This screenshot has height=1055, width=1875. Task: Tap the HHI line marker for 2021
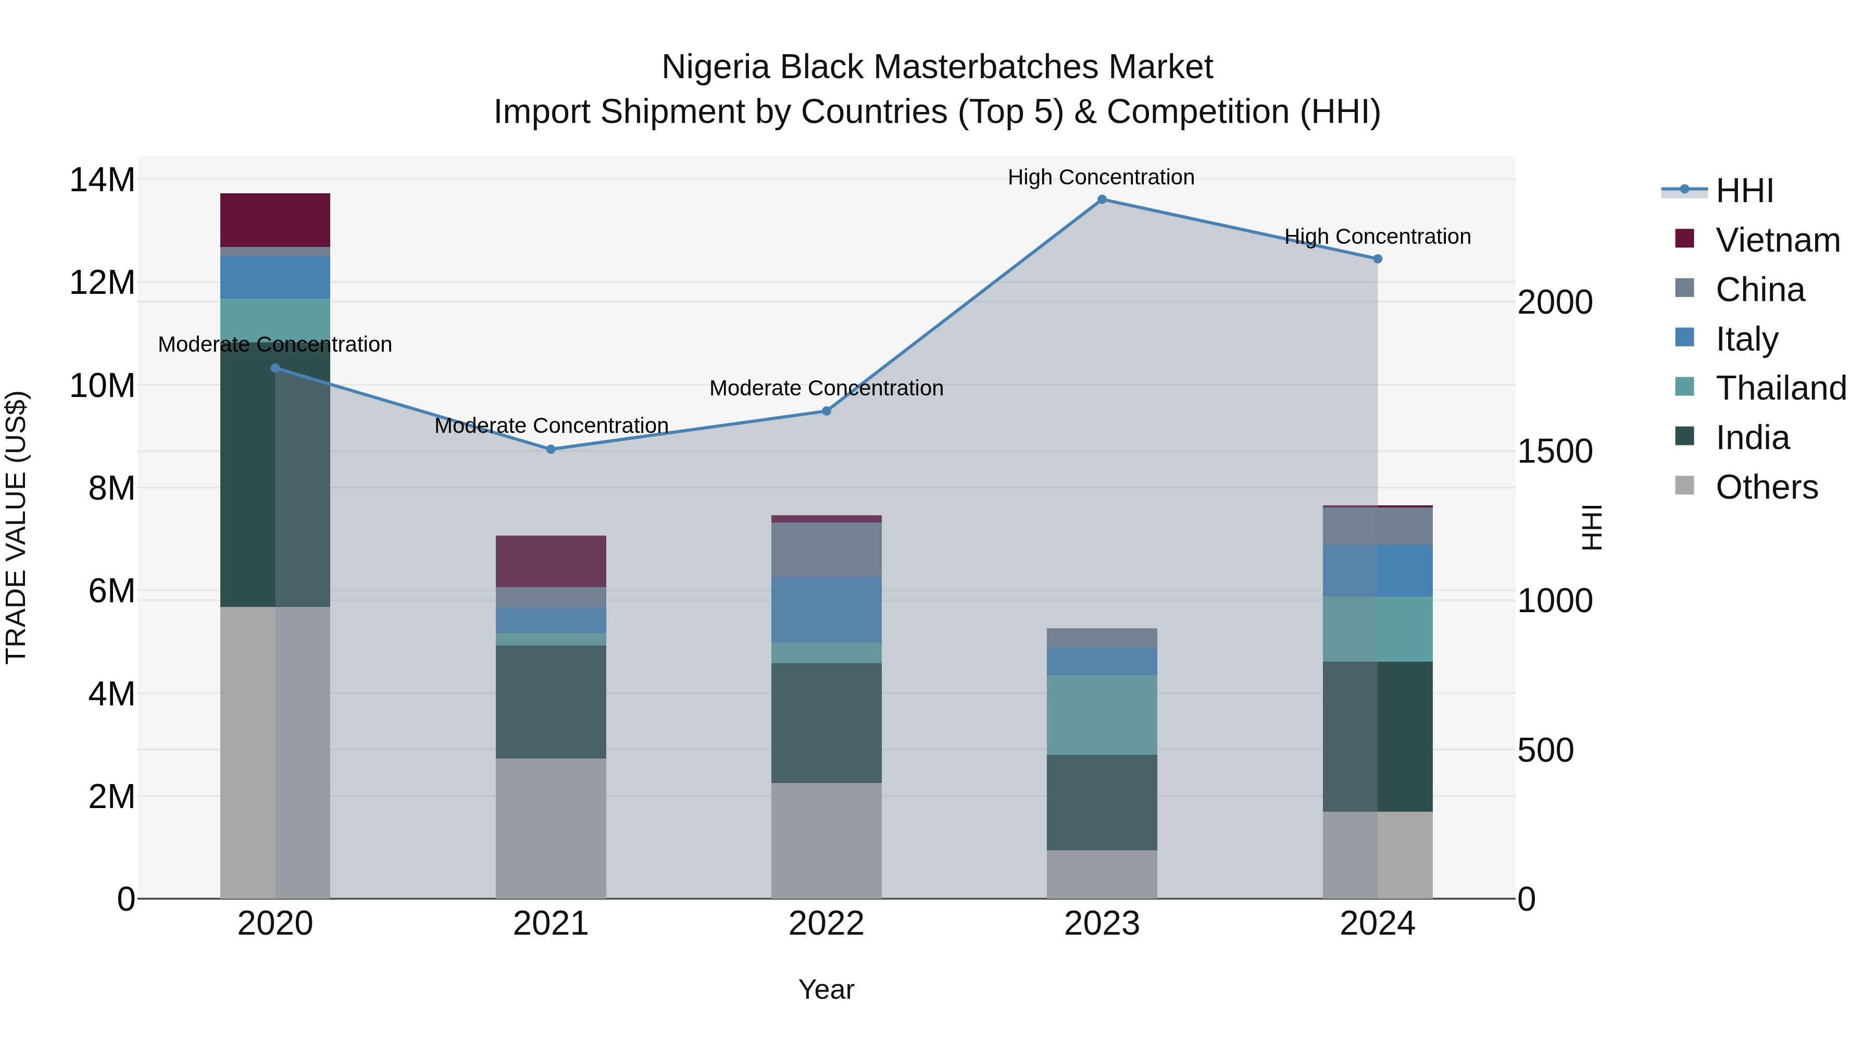pos(551,449)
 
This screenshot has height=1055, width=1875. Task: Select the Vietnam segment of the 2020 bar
pos(275,220)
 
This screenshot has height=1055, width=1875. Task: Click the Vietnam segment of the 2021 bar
pos(551,561)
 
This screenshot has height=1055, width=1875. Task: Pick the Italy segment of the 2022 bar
pos(826,610)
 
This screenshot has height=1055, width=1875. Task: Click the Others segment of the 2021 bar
pos(551,828)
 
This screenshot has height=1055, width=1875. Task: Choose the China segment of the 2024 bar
pos(1377,526)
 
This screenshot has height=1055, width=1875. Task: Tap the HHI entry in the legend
pos(1744,191)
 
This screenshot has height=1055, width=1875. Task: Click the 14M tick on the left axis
pos(102,180)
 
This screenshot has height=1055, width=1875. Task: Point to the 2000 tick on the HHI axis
pos(1555,302)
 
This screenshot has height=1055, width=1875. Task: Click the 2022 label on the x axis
pos(826,924)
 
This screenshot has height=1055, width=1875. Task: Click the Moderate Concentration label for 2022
pos(826,388)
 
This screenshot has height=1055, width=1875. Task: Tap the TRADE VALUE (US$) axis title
pos(16,527)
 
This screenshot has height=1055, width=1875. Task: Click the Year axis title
pos(826,989)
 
